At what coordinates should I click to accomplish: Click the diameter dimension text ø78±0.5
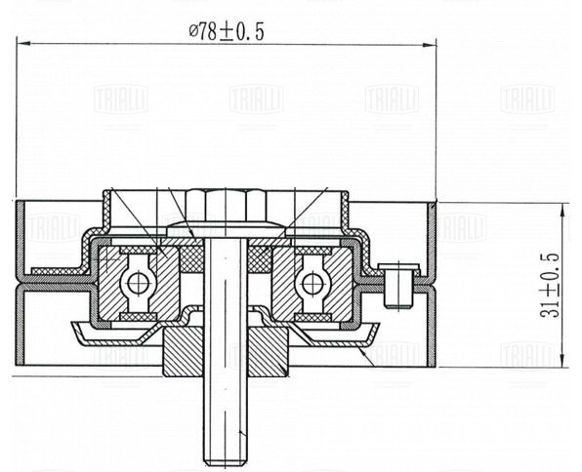point(227,31)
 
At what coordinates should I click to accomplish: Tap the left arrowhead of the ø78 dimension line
point(23,43)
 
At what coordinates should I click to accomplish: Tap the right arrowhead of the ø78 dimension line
point(430,45)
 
